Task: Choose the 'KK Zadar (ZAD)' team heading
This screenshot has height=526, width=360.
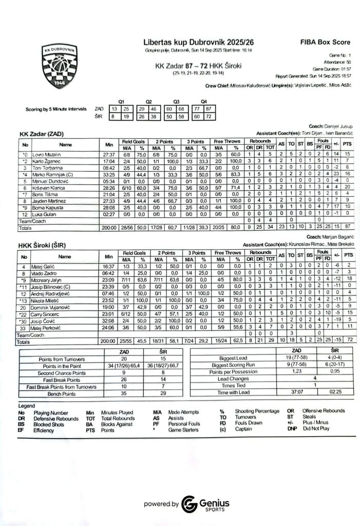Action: [x=42, y=134]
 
